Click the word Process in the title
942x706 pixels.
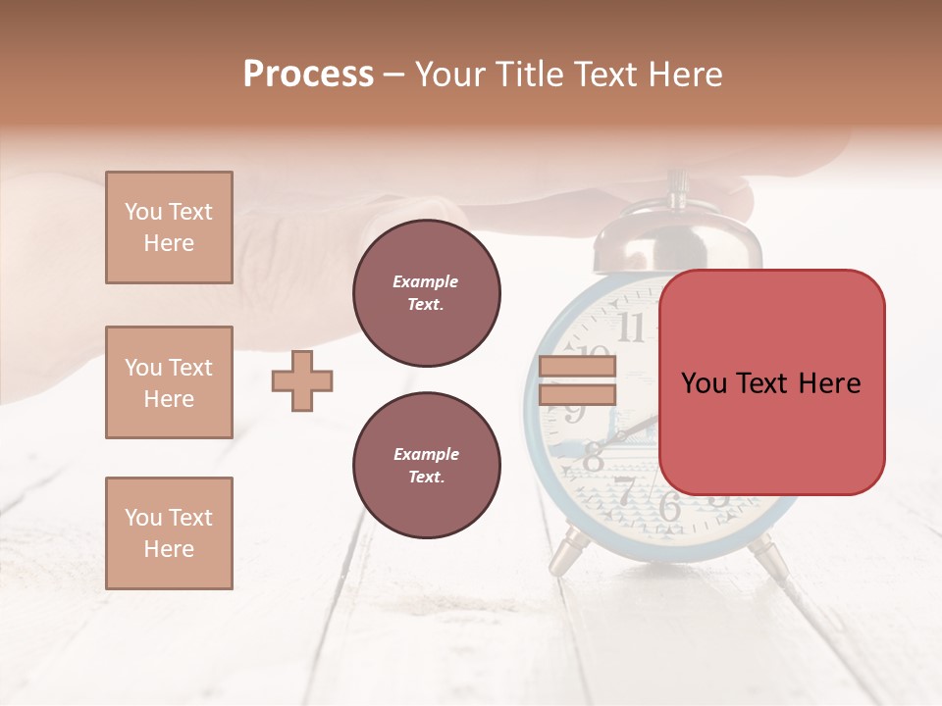(x=308, y=75)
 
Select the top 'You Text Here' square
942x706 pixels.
(x=169, y=227)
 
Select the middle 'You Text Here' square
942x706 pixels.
(x=169, y=382)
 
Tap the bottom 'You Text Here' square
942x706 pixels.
(x=169, y=533)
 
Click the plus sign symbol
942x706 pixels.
(x=302, y=380)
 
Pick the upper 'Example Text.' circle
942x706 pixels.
(x=426, y=293)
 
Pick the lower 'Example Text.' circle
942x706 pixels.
(x=426, y=466)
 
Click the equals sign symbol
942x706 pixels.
(x=577, y=380)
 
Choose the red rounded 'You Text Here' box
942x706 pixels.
(x=771, y=382)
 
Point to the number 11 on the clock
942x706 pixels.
(x=631, y=328)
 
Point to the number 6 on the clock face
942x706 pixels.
(x=669, y=507)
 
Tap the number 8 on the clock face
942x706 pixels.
(x=594, y=457)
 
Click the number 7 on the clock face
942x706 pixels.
(x=624, y=490)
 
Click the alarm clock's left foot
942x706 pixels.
(x=566, y=554)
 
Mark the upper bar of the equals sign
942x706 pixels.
(x=577, y=367)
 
